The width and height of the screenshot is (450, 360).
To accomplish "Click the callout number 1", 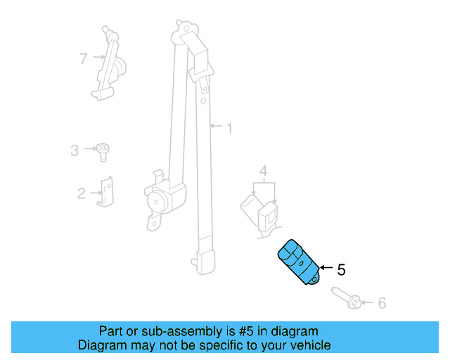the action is pos(229,128).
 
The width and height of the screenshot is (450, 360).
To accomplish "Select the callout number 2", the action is pos(81,193).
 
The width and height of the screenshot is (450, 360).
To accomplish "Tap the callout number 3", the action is pos(75,149).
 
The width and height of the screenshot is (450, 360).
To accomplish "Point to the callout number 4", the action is pos(263,171).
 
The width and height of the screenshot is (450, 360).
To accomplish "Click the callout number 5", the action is pos(341,269).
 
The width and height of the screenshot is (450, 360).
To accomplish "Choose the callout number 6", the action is pos(382,303).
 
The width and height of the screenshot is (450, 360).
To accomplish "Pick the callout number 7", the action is pos(84,58).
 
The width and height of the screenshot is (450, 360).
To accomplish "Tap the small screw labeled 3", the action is pos(103,150).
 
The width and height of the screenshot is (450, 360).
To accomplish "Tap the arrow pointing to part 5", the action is pos(326,268).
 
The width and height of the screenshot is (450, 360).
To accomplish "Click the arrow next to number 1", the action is pos(216,128).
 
